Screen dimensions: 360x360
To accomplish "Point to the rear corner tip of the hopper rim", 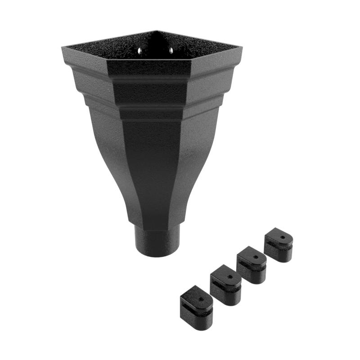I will (x=156, y=31).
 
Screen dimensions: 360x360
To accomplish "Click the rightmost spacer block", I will (x=279, y=245).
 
